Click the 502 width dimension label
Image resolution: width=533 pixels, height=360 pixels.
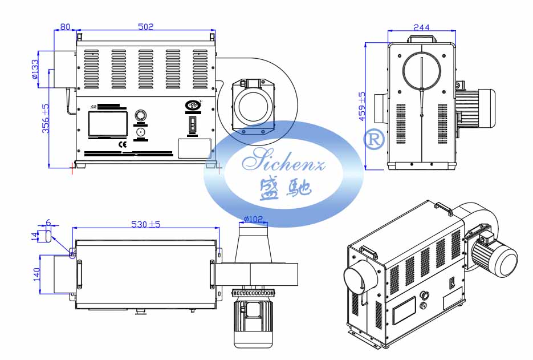(147, 26)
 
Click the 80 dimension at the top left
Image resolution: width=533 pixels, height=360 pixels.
(65, 26)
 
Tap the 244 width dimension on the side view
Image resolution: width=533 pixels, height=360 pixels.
(421, 27)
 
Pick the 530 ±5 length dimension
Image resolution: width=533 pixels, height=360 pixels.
(145, 224)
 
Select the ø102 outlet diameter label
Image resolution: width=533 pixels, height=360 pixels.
(253, 219)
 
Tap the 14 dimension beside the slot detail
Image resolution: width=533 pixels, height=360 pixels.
(34, 236)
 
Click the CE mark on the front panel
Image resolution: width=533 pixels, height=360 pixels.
(122, 144)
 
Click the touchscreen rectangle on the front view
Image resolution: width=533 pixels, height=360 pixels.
(107, 124)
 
